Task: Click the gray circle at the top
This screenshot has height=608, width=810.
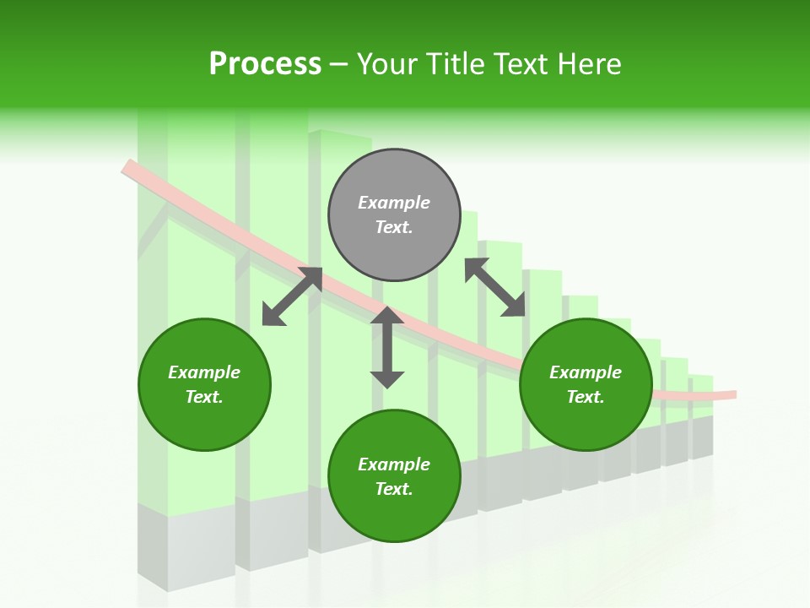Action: [x=394, y=215]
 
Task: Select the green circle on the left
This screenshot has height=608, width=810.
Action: [x=204, y=384]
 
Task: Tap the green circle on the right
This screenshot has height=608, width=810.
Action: [x=586, y=384]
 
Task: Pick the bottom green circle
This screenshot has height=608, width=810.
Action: [x=394, y=476]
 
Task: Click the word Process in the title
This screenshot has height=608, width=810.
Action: [x=265, y=64]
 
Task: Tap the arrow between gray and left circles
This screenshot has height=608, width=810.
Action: [x=292, y=296]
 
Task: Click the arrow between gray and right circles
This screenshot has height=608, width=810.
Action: [x=495, y=287]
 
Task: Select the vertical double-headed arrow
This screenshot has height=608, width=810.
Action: [x=387, y=347]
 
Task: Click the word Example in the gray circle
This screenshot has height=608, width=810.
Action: [x=394, y=203]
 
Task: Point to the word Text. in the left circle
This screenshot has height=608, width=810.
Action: [x=204, y=397]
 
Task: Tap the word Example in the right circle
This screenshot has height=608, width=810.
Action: [x=586, y=372]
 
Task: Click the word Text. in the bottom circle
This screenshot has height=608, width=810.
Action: [x=394, y=489]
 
